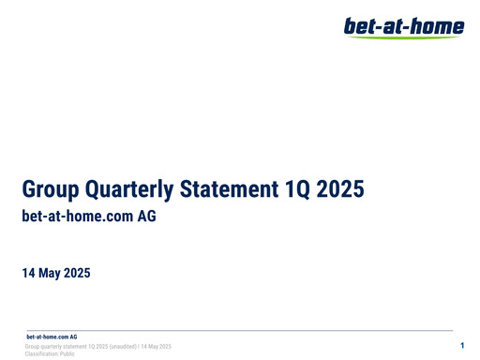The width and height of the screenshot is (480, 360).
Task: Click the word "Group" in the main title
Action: [51, 191]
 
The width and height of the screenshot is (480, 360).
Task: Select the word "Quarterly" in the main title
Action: [131, 191]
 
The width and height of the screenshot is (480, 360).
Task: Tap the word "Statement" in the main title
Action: [232, 191]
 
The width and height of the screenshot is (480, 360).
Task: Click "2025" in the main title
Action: [339, 191]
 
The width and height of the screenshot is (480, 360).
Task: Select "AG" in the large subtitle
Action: [143, 217]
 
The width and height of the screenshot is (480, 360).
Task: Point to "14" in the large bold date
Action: [29, 274]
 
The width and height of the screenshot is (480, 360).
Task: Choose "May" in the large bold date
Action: [54, 274]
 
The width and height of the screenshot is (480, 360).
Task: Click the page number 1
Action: [462, 347]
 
